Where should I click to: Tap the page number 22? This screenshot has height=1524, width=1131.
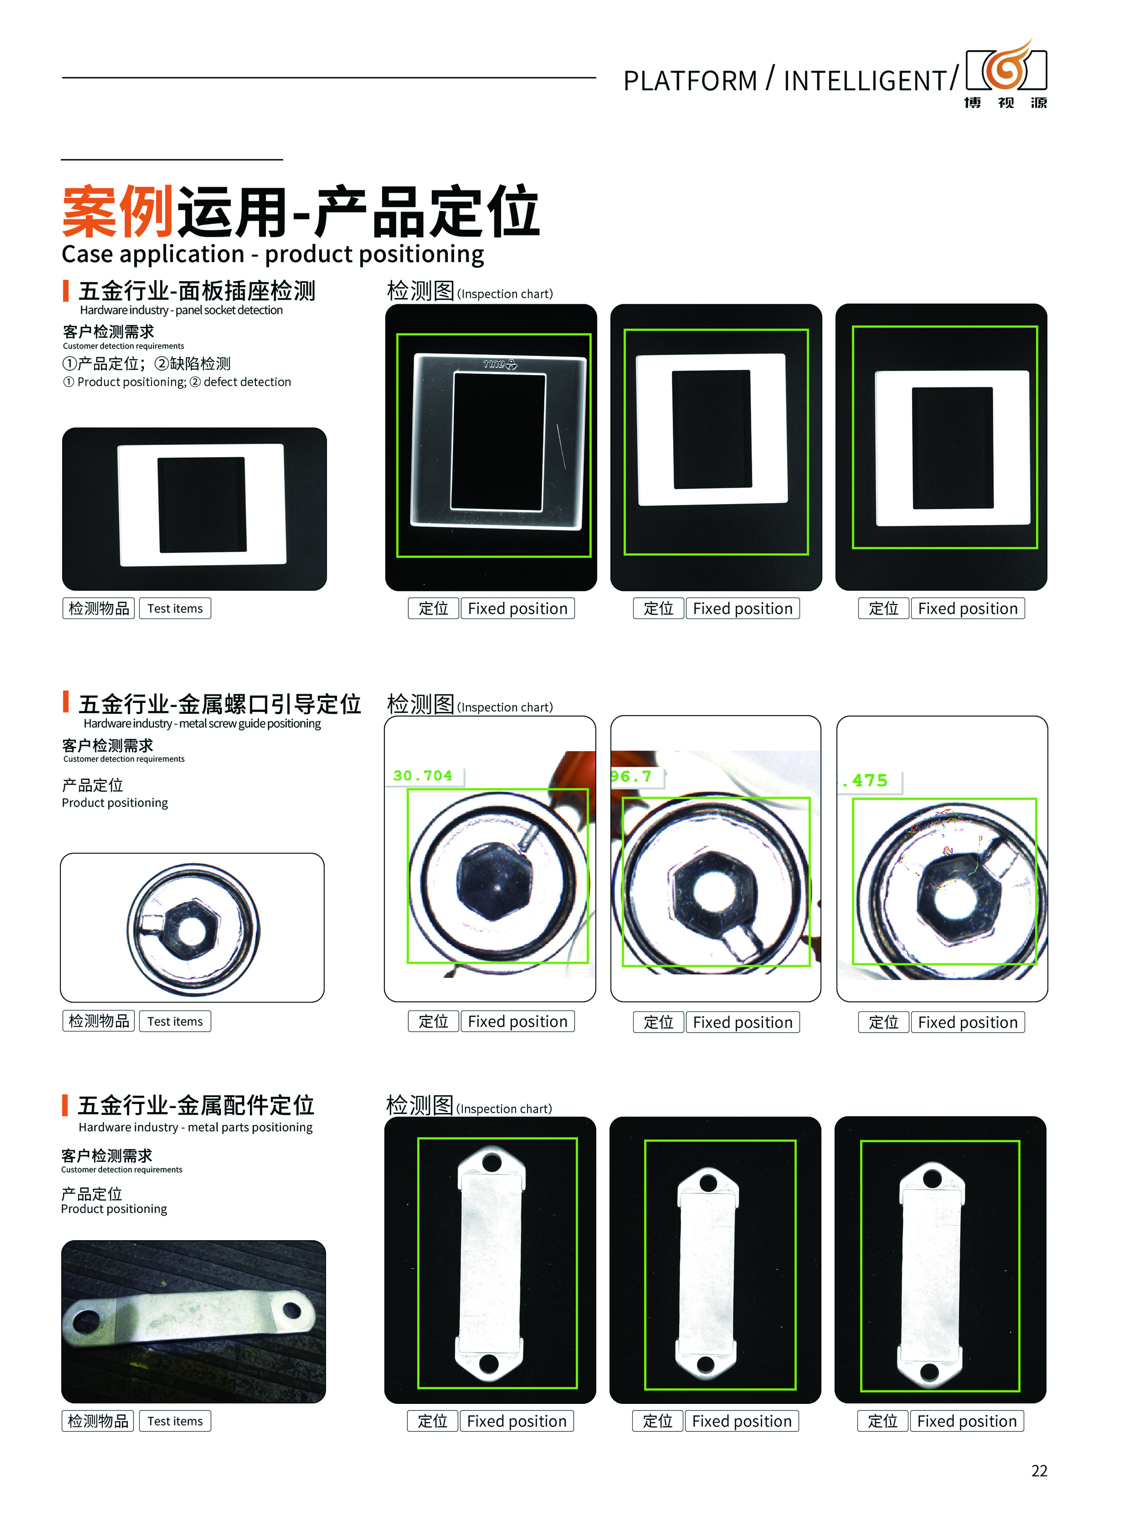[1039, 1471]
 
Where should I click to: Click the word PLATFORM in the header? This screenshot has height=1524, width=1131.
[690, 81]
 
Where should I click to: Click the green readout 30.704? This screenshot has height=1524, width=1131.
[423, 776]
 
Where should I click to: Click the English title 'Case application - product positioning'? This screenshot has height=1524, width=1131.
[273, 254]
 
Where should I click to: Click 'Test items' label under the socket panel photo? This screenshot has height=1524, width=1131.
[175, 609]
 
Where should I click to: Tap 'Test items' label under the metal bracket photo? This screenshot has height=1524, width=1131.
[175, 1421]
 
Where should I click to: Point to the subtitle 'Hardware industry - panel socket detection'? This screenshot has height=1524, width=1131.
[181, 310]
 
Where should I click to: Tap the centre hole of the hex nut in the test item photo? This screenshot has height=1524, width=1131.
[191, 930]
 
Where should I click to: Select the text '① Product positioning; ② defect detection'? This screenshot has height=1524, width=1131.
[176, 382]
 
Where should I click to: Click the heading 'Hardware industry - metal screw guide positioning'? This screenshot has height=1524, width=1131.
[202, 724]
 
